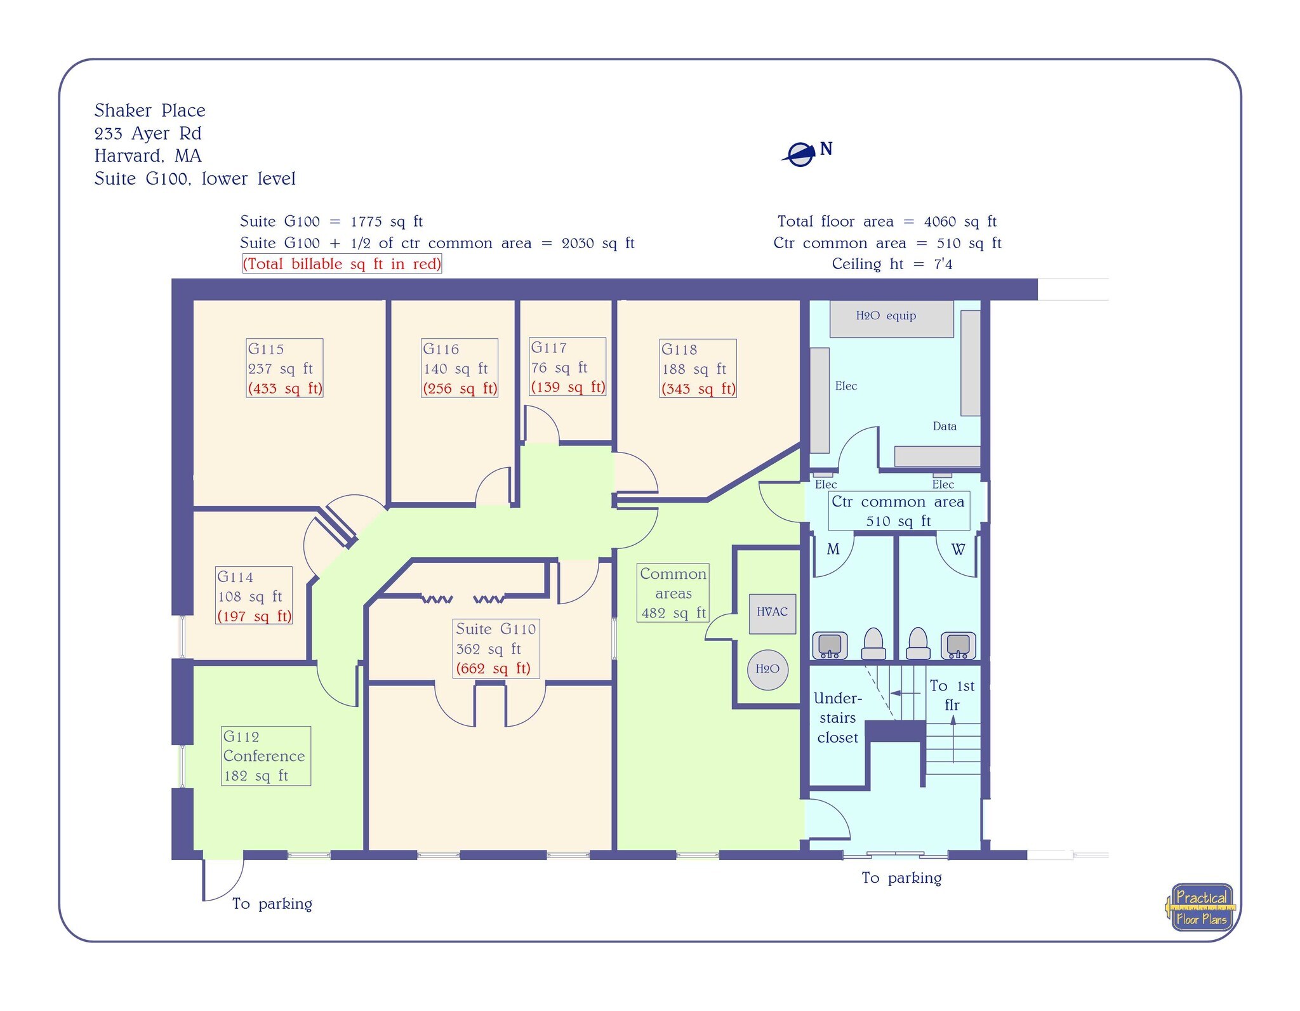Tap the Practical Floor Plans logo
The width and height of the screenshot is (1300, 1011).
(1200, 908)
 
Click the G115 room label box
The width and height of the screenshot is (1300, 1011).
(284, 368)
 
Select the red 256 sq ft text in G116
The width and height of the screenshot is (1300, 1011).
(460, 388)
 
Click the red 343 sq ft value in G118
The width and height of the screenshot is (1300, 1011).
(698, 389)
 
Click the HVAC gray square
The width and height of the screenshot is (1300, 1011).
(772, 612)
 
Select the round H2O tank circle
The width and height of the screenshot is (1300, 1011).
(767, 669)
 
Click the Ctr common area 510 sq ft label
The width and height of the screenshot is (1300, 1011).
(898, 511)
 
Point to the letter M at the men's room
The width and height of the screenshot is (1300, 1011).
(833, 549)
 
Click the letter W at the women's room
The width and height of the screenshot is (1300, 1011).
(958, 550)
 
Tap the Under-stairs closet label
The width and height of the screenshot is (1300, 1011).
(837, 718)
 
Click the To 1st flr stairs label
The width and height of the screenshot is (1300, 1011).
(951, 695)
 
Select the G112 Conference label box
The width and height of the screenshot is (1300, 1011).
(265, 756)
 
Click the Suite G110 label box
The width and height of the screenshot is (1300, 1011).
(496, 649)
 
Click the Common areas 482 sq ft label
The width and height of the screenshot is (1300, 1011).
(673, 593)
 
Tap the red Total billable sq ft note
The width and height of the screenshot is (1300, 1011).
(342, 264)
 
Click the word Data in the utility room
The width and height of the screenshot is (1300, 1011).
(944, 426)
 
